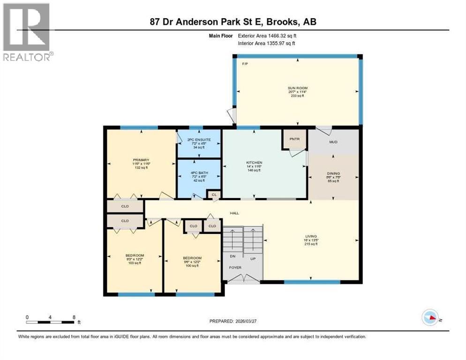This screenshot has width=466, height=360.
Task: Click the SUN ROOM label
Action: [298, 88]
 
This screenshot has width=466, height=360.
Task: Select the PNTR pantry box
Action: [294, 139]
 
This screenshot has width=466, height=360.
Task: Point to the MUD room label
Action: [333, 142]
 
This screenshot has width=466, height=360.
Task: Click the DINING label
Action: [333, 173]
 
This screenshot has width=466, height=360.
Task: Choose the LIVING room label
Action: [310, 236]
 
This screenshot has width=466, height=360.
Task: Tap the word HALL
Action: [234, 213]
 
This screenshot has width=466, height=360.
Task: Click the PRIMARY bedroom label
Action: [141, 160]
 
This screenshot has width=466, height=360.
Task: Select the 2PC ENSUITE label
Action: [199, 140]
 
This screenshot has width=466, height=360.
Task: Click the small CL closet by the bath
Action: [214, 194]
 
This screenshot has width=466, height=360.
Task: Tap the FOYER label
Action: [235, 268]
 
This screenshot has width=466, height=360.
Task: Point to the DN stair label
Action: [232, 256]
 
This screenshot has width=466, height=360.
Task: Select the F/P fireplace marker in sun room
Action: [244, 63]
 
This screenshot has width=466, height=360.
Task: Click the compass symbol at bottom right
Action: [430, 317]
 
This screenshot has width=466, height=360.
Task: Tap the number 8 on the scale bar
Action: [74, 317]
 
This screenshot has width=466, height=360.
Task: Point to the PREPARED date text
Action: [233, 321]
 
